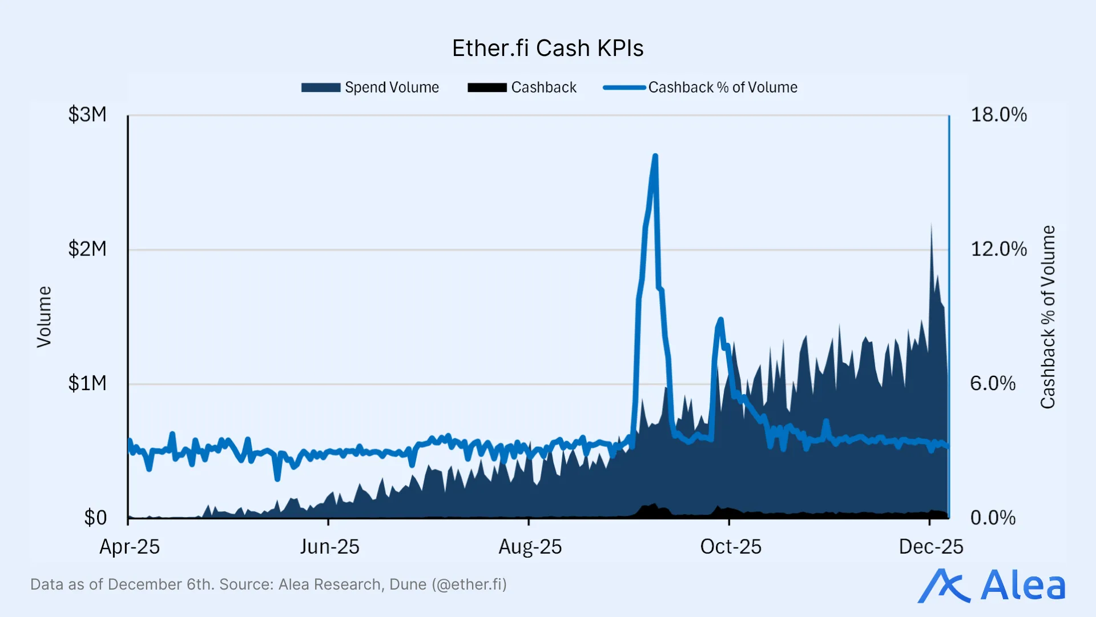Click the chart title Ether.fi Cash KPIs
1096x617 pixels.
(547, 49)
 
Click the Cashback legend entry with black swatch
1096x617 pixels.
(522, 87)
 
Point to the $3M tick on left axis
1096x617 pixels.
(87, 115)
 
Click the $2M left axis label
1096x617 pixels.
(87, 249)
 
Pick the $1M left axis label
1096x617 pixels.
(87, 383)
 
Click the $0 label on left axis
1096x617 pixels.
(95, 518)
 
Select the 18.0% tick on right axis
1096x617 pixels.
(998, 115)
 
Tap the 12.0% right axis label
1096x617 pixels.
(998, 249)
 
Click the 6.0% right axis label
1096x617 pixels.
(993, 383)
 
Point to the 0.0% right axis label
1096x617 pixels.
(993, 518)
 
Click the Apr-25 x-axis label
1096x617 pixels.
(130, 547)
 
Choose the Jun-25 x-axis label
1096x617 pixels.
(329, 547)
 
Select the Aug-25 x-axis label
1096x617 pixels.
(530, 547)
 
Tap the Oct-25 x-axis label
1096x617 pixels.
(731, 547)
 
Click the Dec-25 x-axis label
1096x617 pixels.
(930, 547)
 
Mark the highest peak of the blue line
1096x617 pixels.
(655, 156)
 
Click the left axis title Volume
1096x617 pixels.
(44, 317)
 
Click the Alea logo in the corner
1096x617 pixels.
(992, 586)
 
